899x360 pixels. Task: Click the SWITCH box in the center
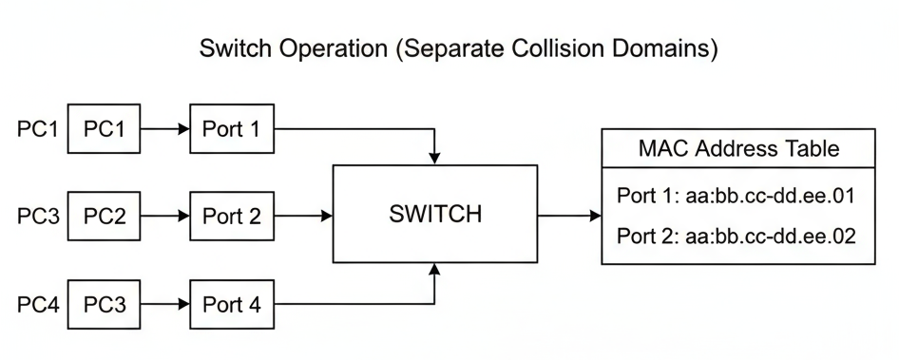[x=434, y=214]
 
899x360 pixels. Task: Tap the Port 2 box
[x=231, y=216]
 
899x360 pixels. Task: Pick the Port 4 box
[x=231, y=305]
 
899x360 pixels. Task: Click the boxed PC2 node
[x=105, y=216]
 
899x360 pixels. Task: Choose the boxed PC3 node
[x=105, y=305]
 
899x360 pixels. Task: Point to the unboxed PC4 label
[x=38, y=305]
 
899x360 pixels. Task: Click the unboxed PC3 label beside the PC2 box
[x=38, y=216]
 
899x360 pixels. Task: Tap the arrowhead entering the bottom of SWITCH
[x=434, y=270]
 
